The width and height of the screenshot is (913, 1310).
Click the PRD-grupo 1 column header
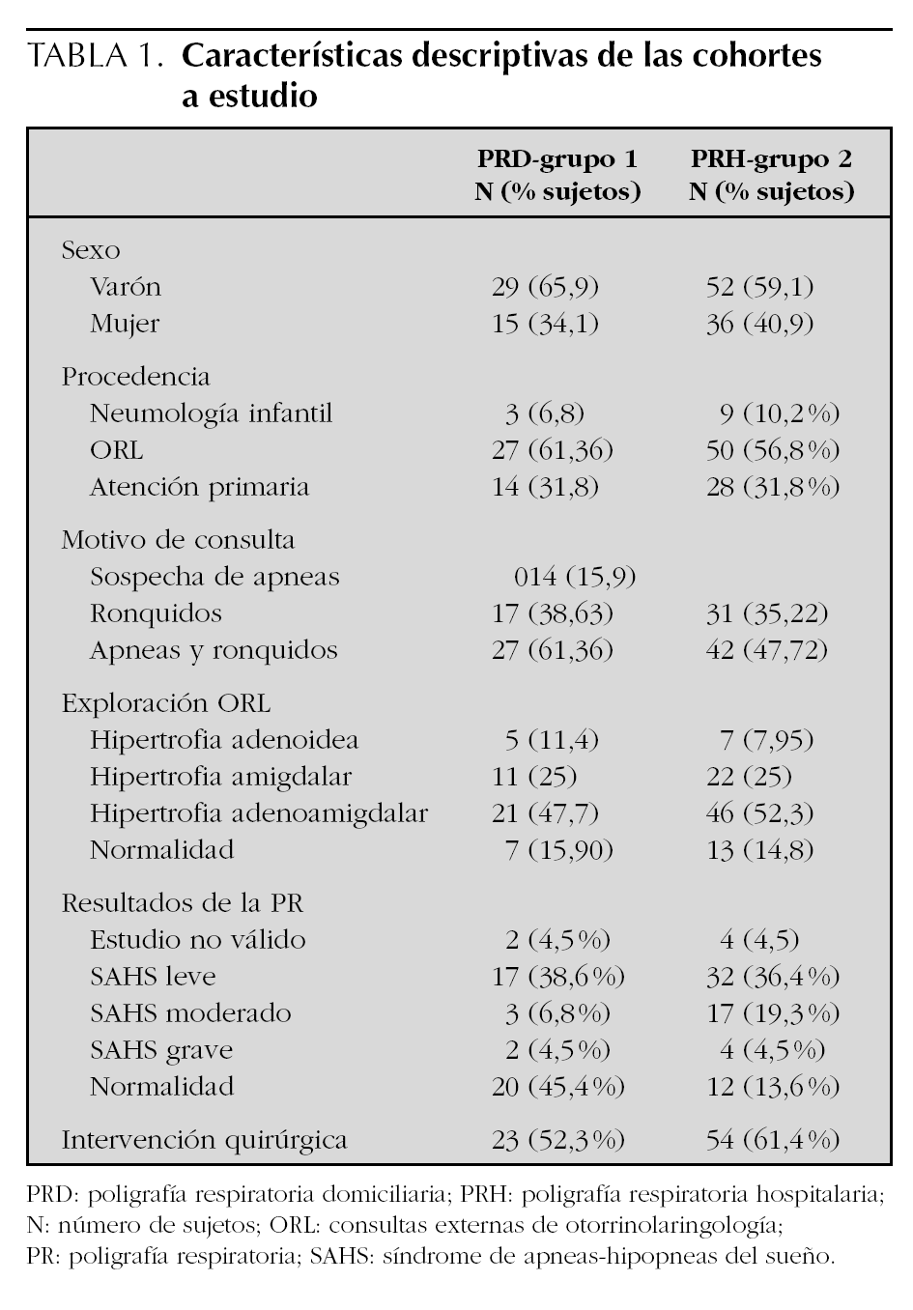(x=557, y=174)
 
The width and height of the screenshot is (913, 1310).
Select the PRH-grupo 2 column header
(x=771, y=174)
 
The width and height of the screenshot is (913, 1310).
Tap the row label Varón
(x=126, y=287)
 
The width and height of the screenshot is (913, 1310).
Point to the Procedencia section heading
(x=135, y=376)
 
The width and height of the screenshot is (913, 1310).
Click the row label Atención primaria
(x=199, y=487)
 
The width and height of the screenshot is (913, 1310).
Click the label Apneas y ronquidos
(x=214, y=650)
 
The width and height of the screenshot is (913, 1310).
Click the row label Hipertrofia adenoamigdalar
(x=258, y=813)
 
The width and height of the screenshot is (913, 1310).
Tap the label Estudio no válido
(x=197, y=939)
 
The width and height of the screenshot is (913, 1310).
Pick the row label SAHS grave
(x=161, y=1050)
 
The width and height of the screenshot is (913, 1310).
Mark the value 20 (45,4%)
(x=558, y=1087)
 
